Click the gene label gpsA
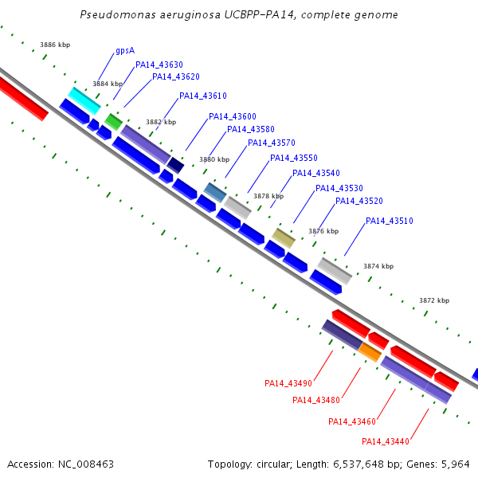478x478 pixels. pos(124,50)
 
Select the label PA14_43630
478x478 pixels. pos(159,65)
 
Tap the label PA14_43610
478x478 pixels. pos(203,96)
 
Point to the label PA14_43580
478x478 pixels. pos(251,129)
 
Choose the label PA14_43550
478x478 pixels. pos(294,158)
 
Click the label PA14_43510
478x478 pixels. pos(390,221)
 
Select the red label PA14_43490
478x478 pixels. pos(288,383)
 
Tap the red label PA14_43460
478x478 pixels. pos(352,421)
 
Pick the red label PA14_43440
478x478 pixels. pos(386,441)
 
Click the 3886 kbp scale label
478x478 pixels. pos(55,45)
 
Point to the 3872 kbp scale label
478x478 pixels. pos(434,300)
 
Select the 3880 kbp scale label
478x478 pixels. pos(214,159)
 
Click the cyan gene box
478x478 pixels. pos(84,100)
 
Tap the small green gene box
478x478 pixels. pos(114,121)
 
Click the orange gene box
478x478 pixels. pos(370,351)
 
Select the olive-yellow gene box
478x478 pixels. pos(284,236)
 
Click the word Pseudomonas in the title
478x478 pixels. pos(116,15)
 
